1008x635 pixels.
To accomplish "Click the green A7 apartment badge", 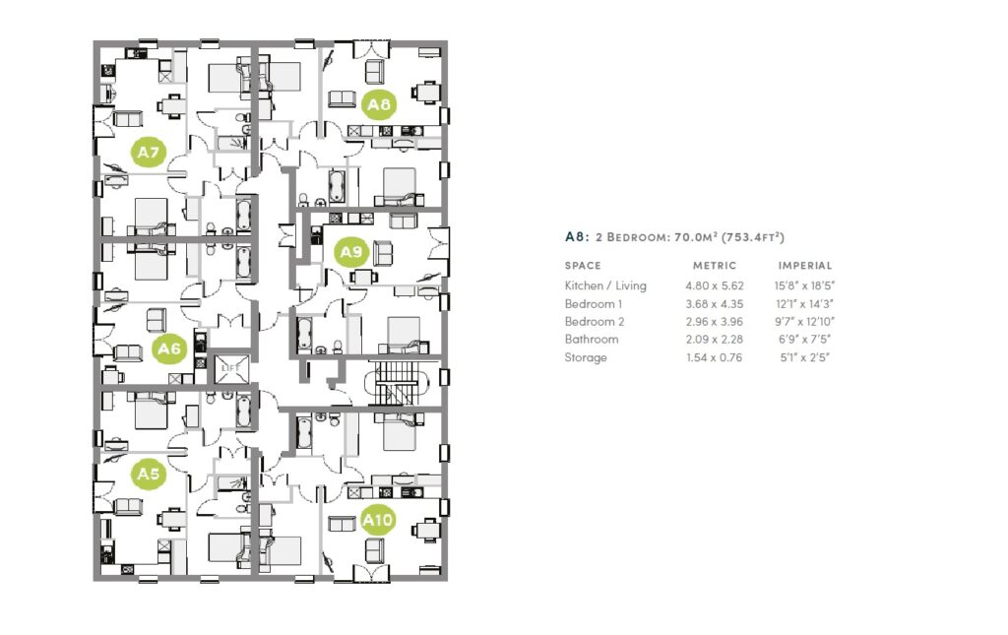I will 149,153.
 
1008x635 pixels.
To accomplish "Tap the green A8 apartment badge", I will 379,103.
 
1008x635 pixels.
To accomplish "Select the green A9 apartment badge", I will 350,252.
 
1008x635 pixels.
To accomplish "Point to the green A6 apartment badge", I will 169,349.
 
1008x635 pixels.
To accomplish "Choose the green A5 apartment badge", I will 149,475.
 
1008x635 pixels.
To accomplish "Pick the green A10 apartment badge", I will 378,518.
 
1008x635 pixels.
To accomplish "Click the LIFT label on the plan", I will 231,367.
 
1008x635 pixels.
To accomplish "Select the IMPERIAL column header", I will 805,266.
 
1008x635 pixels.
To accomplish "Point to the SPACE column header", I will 583,266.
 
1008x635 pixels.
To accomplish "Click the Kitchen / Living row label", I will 605,286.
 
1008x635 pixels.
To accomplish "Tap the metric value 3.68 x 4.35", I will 714,304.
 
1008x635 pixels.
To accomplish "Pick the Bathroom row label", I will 592,340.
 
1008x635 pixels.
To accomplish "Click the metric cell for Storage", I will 714,357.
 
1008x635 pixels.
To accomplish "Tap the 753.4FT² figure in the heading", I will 753,237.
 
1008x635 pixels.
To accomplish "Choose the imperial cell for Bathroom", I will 802,340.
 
